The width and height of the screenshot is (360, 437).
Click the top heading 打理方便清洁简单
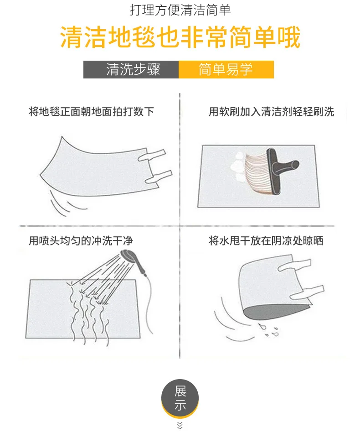click(180, 10)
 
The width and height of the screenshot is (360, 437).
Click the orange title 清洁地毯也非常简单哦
click(180, 37)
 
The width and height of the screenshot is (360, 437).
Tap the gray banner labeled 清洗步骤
click(131, 69)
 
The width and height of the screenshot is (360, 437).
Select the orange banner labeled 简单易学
click(226, 69)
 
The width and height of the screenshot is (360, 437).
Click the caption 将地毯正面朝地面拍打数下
click(91, 111)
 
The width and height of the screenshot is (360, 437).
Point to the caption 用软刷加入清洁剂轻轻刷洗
click(272, 111)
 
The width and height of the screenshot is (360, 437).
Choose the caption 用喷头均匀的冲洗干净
click(81, 240)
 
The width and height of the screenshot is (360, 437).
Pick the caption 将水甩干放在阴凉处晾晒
click(266, 240)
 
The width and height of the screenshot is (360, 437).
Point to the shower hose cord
click(149, 304)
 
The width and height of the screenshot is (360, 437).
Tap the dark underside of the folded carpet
click(276, 312)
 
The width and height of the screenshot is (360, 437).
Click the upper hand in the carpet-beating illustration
click(152, 155)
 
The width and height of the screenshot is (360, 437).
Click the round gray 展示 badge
click(180, 399)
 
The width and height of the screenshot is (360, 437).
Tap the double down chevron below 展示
click(180, 426)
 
